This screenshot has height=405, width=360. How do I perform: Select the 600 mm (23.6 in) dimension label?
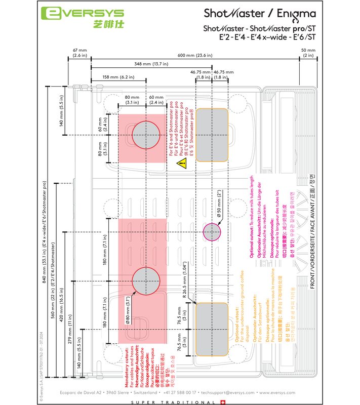tap(205, 55)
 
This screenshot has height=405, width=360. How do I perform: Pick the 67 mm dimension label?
tap(80, 53)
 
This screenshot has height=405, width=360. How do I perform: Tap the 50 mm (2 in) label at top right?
tap(308, 53)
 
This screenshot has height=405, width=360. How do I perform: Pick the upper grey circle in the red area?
tap(146, 135)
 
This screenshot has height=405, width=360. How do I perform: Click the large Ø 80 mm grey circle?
tap(146, 281)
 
